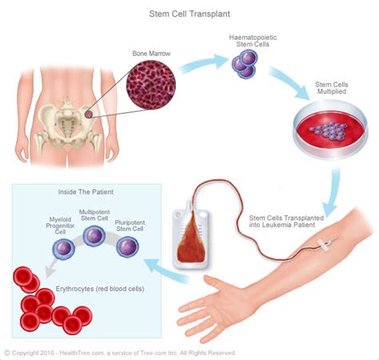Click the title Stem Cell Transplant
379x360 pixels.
190,14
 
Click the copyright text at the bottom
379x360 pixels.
120,353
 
